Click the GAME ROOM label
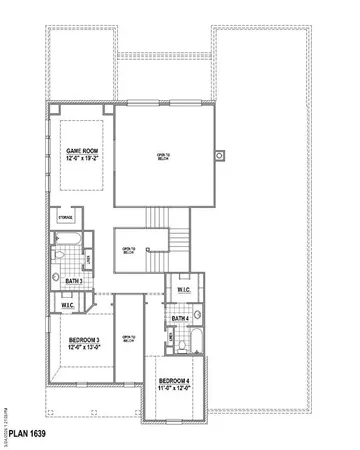click(x=79, y=150)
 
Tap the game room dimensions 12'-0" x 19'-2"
click(x=79, y=158)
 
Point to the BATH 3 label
click(x=74, y=282)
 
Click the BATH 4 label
click(x=180, y=319)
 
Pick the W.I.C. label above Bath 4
click(x=184, y=290)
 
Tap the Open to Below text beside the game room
click(x=163, y=155)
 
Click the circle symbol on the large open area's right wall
click(x=222, y=154)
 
